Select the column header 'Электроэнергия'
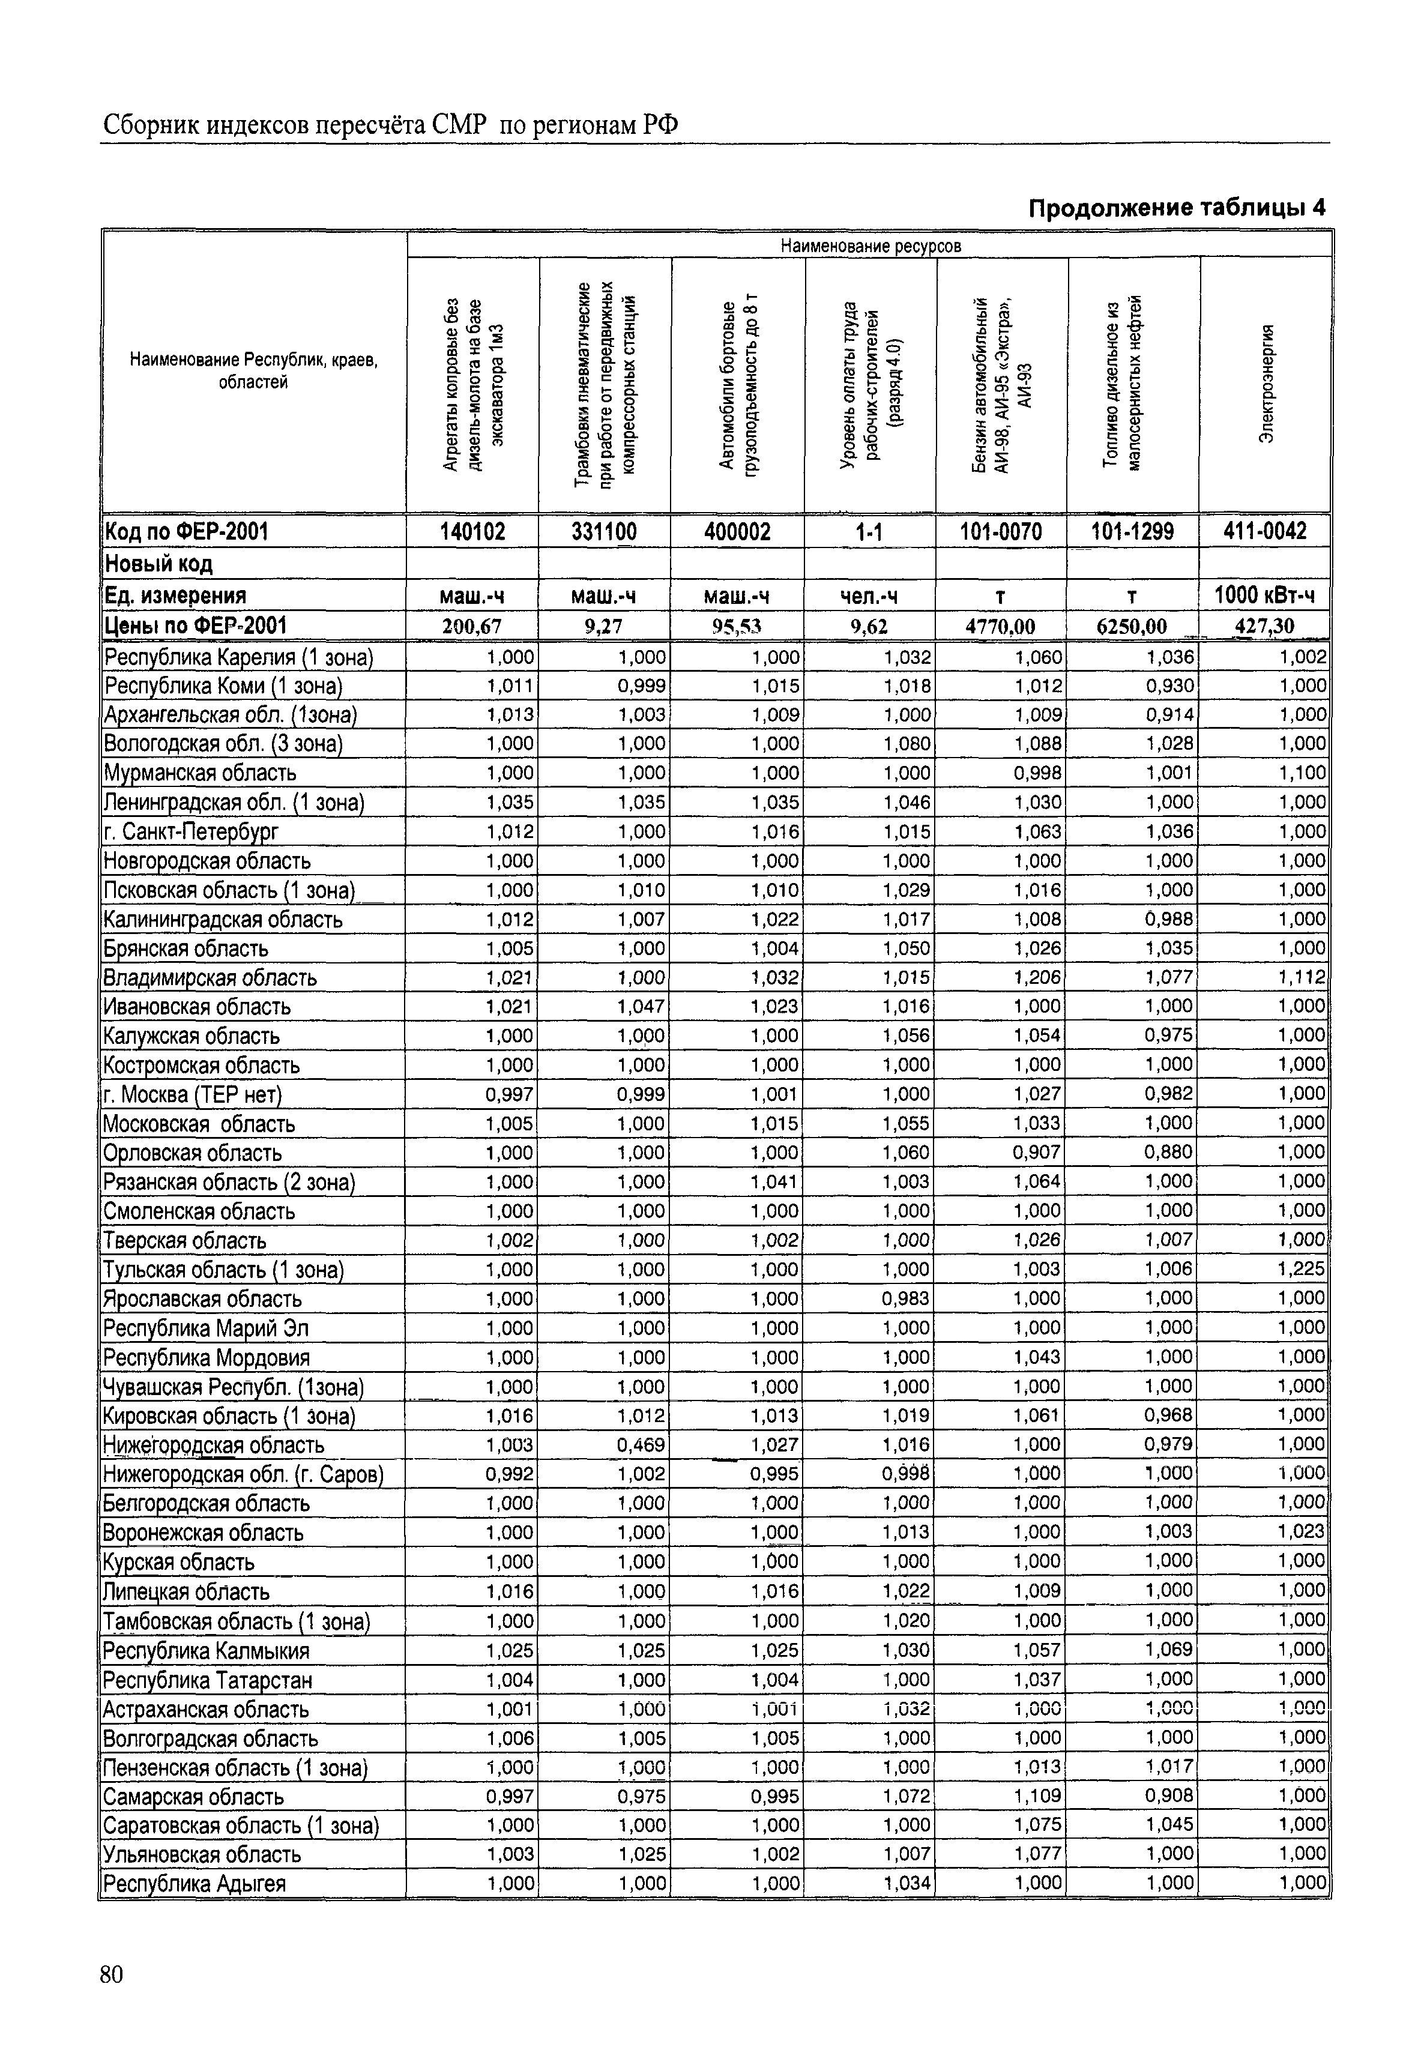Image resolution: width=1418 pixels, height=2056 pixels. point(1267,384)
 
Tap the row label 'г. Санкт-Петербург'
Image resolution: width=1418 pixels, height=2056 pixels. point(192,831)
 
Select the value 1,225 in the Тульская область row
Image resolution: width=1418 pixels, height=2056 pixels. point(1303,1270)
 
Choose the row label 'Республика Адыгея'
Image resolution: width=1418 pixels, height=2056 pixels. point(196,1884)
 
